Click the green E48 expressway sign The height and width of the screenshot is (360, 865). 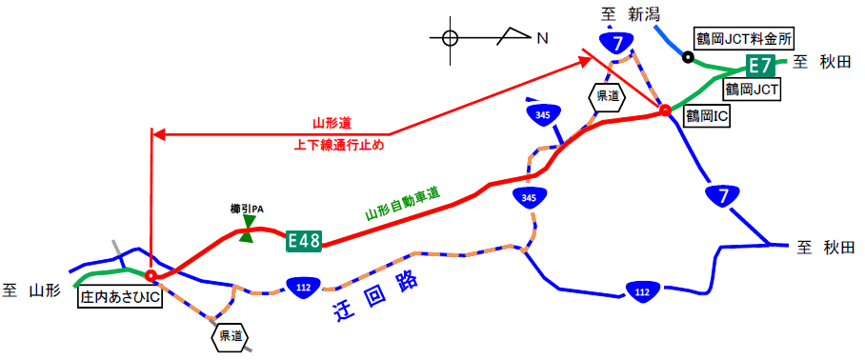(304, 242)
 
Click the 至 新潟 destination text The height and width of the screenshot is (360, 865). (631, 13)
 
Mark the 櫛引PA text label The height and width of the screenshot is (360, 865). (247, 209)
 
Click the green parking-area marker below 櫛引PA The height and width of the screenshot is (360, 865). (248, 230)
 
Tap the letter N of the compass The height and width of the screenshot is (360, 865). (542, 38)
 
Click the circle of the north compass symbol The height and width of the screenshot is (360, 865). (451, 38)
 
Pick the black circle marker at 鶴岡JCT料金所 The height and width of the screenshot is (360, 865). (688, 56)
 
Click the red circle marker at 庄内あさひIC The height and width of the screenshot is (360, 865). (151, 275)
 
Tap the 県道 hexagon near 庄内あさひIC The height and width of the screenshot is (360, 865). (230, 336)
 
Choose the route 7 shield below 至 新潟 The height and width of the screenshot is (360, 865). (619, 42)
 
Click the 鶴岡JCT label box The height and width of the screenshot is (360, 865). (752, 90)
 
